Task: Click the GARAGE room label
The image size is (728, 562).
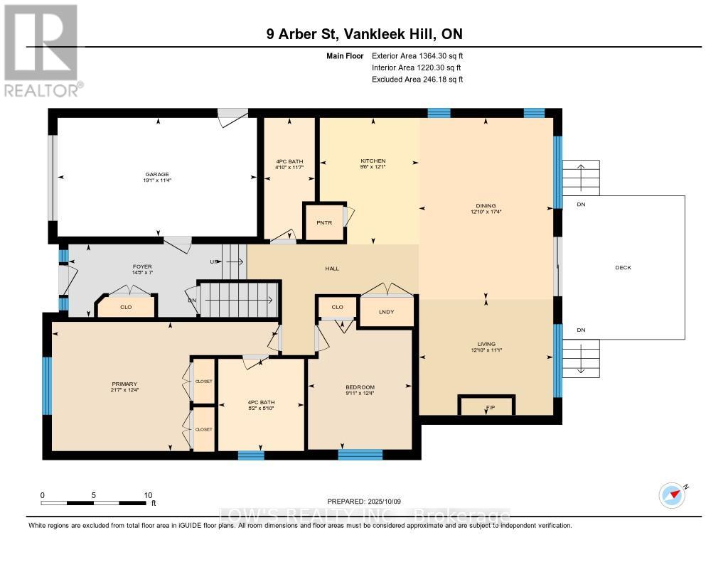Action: (158, 174)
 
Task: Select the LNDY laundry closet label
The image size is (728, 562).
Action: (387, 312)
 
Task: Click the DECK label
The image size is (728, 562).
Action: (623, 268)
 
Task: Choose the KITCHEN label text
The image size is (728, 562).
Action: (373, 161)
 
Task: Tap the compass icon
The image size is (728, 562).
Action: (672, 495)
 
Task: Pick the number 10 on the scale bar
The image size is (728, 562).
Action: (149, 495)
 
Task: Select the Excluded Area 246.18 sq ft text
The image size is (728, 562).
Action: (417, 80)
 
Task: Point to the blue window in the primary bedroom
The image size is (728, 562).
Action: (48, 386)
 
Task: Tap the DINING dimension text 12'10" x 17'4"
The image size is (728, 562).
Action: (487, 212)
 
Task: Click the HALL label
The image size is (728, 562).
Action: (332, 269)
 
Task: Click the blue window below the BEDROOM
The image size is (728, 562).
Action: (360, 455)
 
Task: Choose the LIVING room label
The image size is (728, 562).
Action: (487, 344)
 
